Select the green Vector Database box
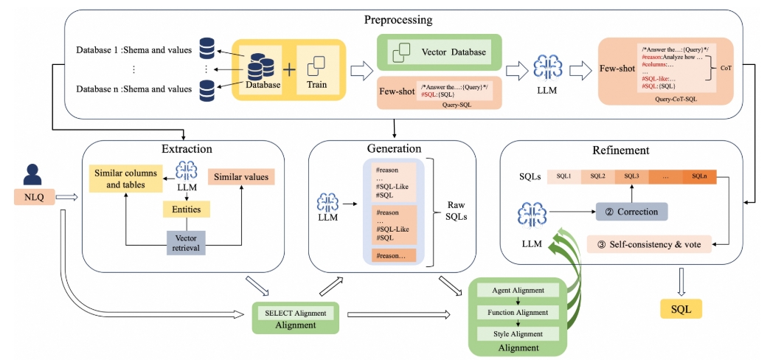tap(440, 52)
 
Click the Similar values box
tap(241, 177)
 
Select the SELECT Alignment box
tap(294, 313)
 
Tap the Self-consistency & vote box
tap(650, 243)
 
